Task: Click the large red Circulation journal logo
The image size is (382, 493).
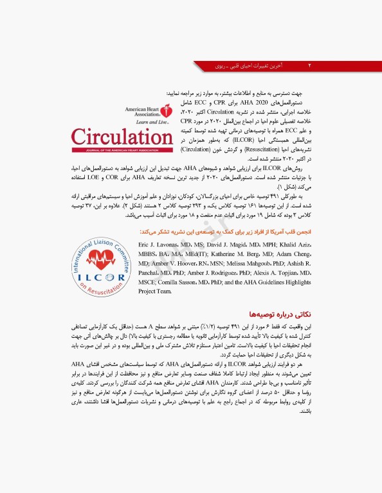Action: [x=122, y=137]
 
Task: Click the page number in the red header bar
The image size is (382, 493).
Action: [x=311, y=65]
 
